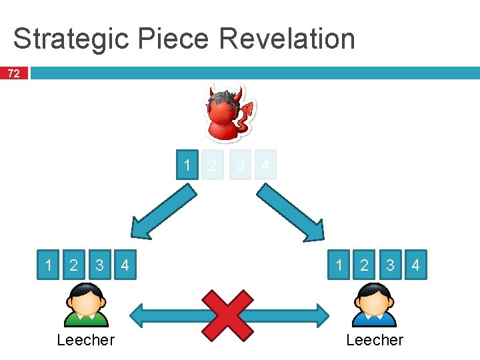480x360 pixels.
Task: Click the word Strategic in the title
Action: tap(70, 39)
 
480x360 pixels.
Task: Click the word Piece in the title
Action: tap(174, 39)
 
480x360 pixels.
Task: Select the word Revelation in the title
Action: tap(287, 39)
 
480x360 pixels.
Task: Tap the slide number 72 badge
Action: tap(13, 73)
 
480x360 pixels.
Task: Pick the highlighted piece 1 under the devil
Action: tap(188, 165)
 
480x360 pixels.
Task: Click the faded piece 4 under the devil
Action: tap(265, 165)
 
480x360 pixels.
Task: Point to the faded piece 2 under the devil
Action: tap(213, 165)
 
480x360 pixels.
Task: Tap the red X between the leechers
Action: tap(229, 314)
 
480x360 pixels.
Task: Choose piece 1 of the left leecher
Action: tap(48, 265)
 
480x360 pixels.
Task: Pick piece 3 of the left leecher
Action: tap(99, 265)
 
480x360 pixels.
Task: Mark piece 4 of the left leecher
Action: tap(125, 265)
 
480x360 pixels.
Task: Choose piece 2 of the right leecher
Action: tap(364, 265)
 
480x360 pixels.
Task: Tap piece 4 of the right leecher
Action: tap(415, 265)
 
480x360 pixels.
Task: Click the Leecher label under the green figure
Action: tap(85, 340)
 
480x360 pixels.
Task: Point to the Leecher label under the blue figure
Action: tap(375, 340)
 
